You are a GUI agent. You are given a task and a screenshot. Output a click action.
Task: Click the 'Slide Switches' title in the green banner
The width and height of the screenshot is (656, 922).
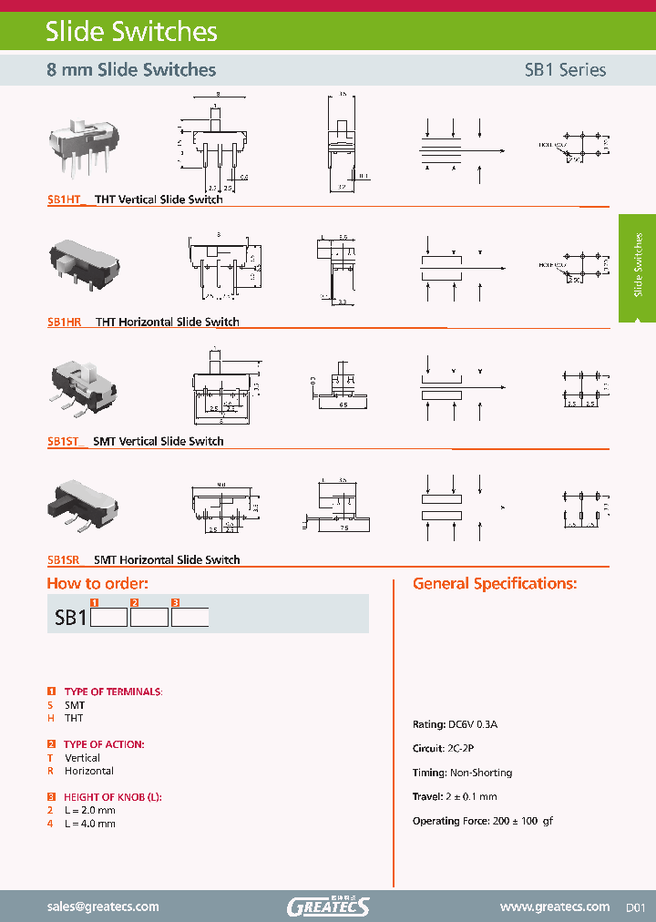pyautogui.click(x=131, y=32)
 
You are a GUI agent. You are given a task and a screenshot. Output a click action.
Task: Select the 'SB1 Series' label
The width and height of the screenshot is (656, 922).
pyautogui.click(x=565, y=70)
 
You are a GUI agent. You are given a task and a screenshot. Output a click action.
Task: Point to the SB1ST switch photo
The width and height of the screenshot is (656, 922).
pyautogui.click(x=84, y=387)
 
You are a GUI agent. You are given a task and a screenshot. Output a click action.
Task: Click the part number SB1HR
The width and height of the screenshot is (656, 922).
pyautogui.click(x=65, y=322)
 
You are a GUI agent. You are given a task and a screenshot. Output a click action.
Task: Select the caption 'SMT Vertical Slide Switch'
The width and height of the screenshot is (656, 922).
pyautogui.click(x=159, y=441)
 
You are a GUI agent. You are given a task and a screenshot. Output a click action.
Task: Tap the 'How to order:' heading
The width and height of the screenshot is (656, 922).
pyautogui.click(x=97, y=584)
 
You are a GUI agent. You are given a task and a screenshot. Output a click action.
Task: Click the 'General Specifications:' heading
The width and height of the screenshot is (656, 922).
pyautogui.click(x=495, y=584)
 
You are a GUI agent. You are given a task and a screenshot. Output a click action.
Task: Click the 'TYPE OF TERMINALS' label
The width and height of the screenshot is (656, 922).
pyautogui.click(x=112, y=692)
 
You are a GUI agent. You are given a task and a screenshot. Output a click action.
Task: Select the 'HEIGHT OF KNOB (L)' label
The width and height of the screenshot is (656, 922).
pyautogui.click(x=113, y=797)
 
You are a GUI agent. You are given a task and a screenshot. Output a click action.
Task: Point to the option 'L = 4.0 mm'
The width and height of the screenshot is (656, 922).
pyautogui.click(x=89, y=824)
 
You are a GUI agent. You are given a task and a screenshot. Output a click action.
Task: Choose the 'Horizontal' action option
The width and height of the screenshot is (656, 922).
pyautogui.click(x=88, y=771)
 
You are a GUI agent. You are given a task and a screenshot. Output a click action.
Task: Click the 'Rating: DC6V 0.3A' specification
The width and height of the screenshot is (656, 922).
pyautogui.click(x=456, y=724)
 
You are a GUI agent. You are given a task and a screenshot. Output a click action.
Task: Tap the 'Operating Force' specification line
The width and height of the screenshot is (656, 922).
pyautogui.click(x=483, y=821)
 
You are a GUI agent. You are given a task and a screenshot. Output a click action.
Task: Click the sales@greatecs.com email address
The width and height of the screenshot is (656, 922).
pyautogui.click(x=103, y=907)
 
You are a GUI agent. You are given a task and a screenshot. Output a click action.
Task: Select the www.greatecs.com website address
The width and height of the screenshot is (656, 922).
pyautogui.click(x=555, y=907)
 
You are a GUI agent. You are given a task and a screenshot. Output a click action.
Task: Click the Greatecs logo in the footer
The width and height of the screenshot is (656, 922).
pyautogui.click(x=328, y=906)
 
